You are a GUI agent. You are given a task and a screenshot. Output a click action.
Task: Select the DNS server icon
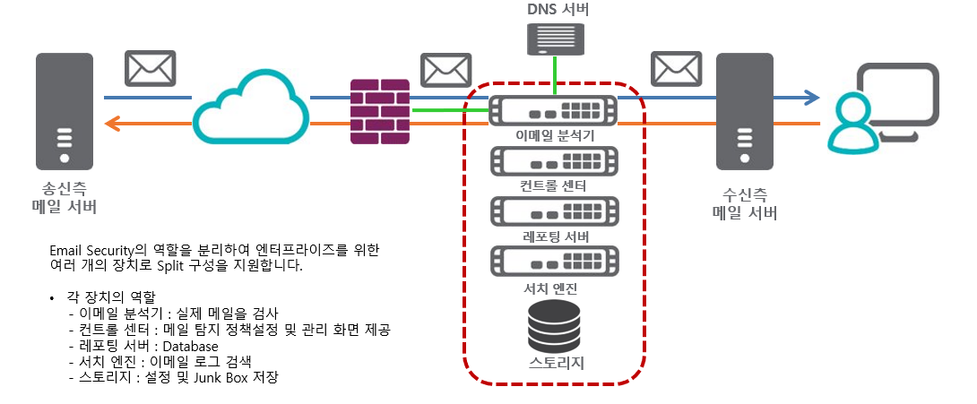(x=556, y=39)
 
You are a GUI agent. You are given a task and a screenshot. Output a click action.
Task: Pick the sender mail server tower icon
(x=65, y=111)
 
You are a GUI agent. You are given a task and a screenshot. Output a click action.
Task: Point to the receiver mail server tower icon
(x=744, y=111)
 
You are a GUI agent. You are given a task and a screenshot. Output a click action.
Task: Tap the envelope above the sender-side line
(x=150, y=67)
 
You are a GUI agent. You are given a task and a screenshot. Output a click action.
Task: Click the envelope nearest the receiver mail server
(x=676, y=67)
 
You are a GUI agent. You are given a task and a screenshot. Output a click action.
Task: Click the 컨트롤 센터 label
(x=553, y=186)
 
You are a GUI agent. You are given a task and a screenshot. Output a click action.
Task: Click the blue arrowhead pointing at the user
(x=811, y=97)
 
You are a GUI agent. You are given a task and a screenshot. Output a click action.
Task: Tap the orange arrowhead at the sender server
(x=111, y=123)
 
